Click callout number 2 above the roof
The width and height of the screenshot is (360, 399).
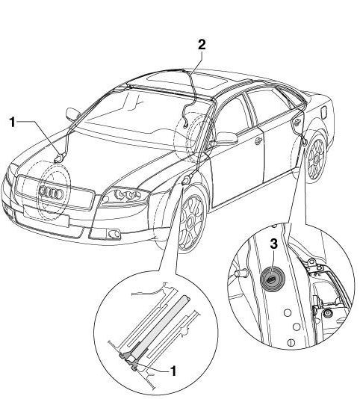[202, 45]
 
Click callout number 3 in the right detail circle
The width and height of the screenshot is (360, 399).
[273, 244]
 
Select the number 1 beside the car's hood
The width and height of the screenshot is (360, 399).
[13, 122]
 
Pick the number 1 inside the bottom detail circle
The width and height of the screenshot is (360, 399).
[173, 371]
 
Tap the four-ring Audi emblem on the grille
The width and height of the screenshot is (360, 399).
[51, 193]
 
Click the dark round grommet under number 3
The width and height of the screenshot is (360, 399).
[272, 279]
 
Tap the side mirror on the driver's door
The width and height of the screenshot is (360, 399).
[226, 138]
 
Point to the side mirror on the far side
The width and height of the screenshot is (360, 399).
[72, 114]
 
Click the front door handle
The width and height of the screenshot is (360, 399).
[258, 140]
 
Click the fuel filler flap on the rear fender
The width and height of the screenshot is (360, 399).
[325, 113]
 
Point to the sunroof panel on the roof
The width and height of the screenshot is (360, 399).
[188, 81]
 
